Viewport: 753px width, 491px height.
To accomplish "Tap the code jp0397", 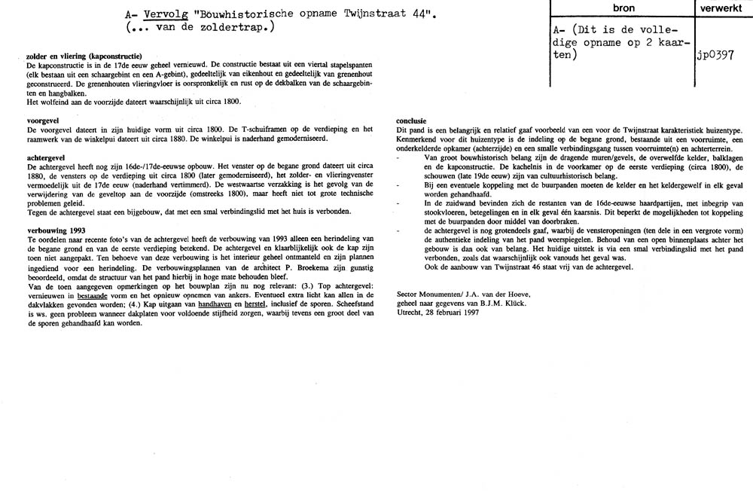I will point(716,56).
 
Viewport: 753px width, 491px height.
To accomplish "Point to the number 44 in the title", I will point(410,14).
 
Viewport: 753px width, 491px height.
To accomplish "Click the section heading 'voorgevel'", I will point(44,120).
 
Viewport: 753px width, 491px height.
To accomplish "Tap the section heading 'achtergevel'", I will point(47,157).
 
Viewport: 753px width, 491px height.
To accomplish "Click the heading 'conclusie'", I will point(412,120).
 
